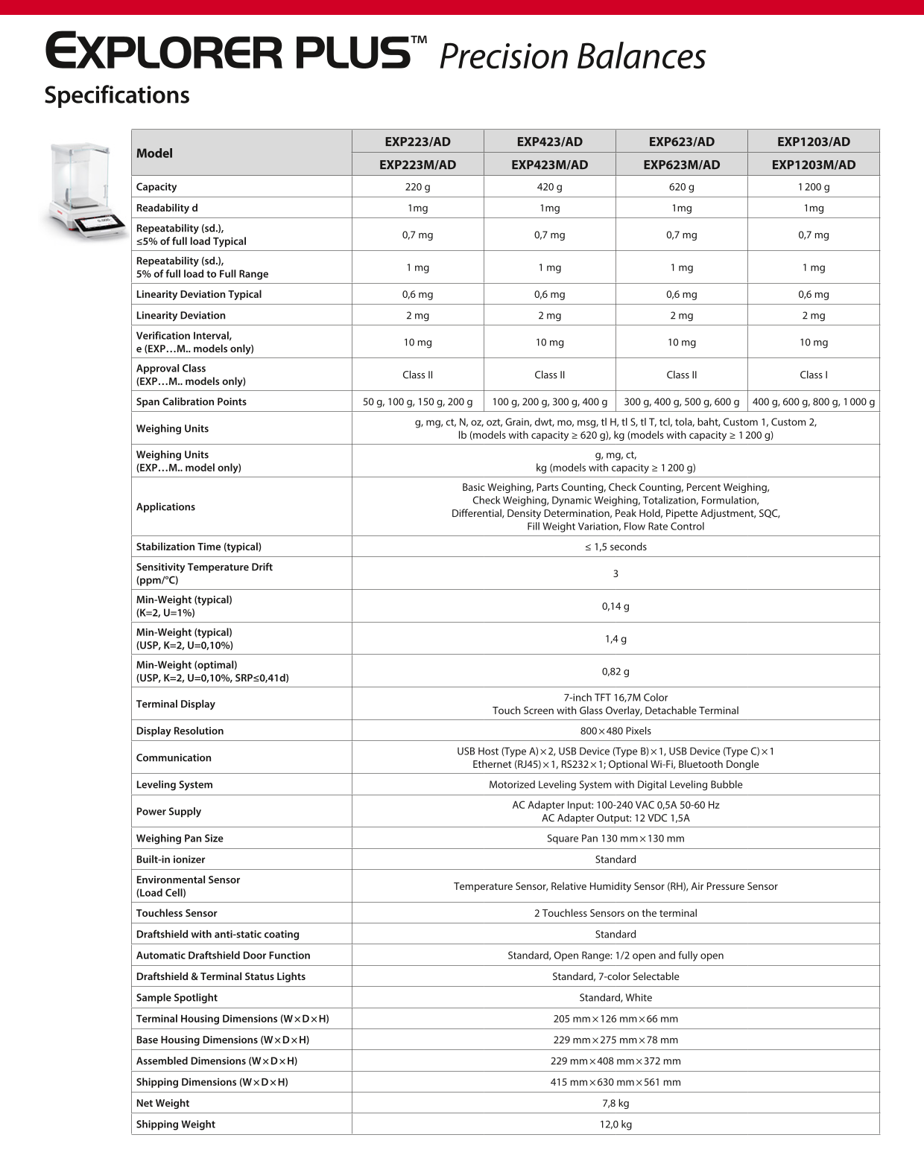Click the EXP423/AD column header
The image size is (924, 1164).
click(549, 141)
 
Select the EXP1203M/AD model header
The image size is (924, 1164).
click(813, 165)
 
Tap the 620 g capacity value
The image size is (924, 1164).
click(681, 187)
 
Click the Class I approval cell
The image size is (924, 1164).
click(813, 375)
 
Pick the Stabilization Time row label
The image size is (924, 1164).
click(198, 547)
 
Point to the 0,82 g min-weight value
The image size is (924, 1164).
click(616, 671)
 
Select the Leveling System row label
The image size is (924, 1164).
click(174, 784)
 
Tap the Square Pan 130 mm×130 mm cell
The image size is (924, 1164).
click(616, 838)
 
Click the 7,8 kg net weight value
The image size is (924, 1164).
click(616, 1103)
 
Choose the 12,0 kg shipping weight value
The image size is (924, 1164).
click(616, 1124)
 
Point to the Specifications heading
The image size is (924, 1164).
click(117, 95)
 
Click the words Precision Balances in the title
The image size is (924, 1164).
click(572, 57)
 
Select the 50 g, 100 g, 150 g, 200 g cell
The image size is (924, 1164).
click(417, 401)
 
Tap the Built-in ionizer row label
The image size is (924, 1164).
click(170, 859)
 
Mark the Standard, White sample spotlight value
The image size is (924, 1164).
click(616, 997)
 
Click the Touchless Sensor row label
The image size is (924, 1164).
click(177, 913)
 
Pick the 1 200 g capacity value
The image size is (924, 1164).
click(813, 187)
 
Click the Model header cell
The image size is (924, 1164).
click(154, 153)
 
